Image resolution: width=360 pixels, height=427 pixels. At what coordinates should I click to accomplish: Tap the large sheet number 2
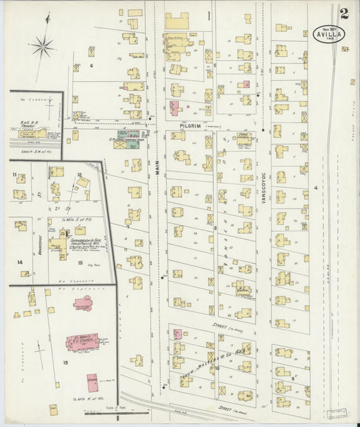tap(344, 13)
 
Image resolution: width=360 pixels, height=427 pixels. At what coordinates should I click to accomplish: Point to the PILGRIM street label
tap(190, 125)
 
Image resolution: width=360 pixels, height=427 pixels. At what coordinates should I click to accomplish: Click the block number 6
tap(91, 66)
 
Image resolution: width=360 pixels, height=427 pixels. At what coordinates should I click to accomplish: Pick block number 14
tap(20, 262)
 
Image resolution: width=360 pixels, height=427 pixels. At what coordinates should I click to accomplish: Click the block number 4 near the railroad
tap(314, 187)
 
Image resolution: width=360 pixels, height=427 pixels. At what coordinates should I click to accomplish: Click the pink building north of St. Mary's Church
tap(83, 303)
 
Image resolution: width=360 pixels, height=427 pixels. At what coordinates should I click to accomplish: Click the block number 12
tap(80, 174)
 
